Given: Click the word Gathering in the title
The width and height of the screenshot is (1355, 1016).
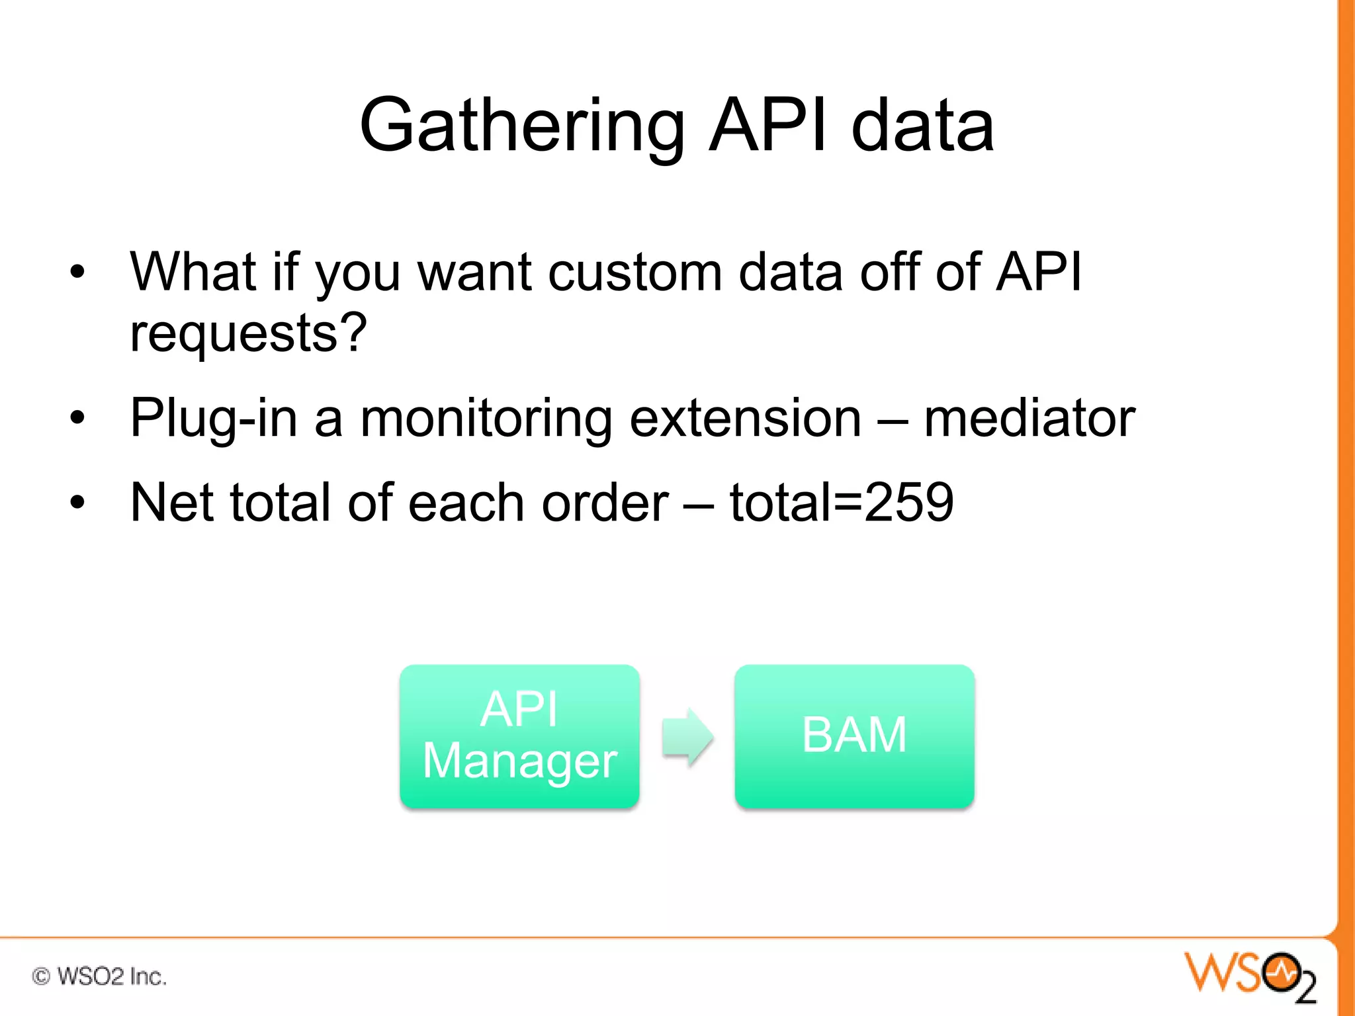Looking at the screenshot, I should tap(522, 126).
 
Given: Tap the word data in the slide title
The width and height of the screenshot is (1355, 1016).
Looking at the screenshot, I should tap(922, 126).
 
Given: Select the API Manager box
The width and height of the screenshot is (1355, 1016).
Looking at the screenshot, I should tap(519, 736).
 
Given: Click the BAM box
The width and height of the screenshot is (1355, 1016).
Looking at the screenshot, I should tap(854, 736).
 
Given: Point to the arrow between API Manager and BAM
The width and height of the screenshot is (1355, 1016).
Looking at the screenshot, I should tap(687, 736).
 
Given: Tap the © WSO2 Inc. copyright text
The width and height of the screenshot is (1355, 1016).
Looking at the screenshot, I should tap(99, 976).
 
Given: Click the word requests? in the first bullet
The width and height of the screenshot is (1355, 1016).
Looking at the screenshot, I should tap(248, 333).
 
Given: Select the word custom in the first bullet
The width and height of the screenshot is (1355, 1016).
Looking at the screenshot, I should tap(635, 272).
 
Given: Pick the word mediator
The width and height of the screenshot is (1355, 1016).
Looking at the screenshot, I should tap(1029, 418).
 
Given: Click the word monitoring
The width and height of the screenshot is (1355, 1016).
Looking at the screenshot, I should tap(486, 419).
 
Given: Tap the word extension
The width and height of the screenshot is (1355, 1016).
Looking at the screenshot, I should tap(745, 418).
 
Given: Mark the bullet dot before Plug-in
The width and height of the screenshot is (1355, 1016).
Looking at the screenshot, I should tap(78, 418).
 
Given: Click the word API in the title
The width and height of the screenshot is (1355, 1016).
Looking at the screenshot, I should tap(767, 126).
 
